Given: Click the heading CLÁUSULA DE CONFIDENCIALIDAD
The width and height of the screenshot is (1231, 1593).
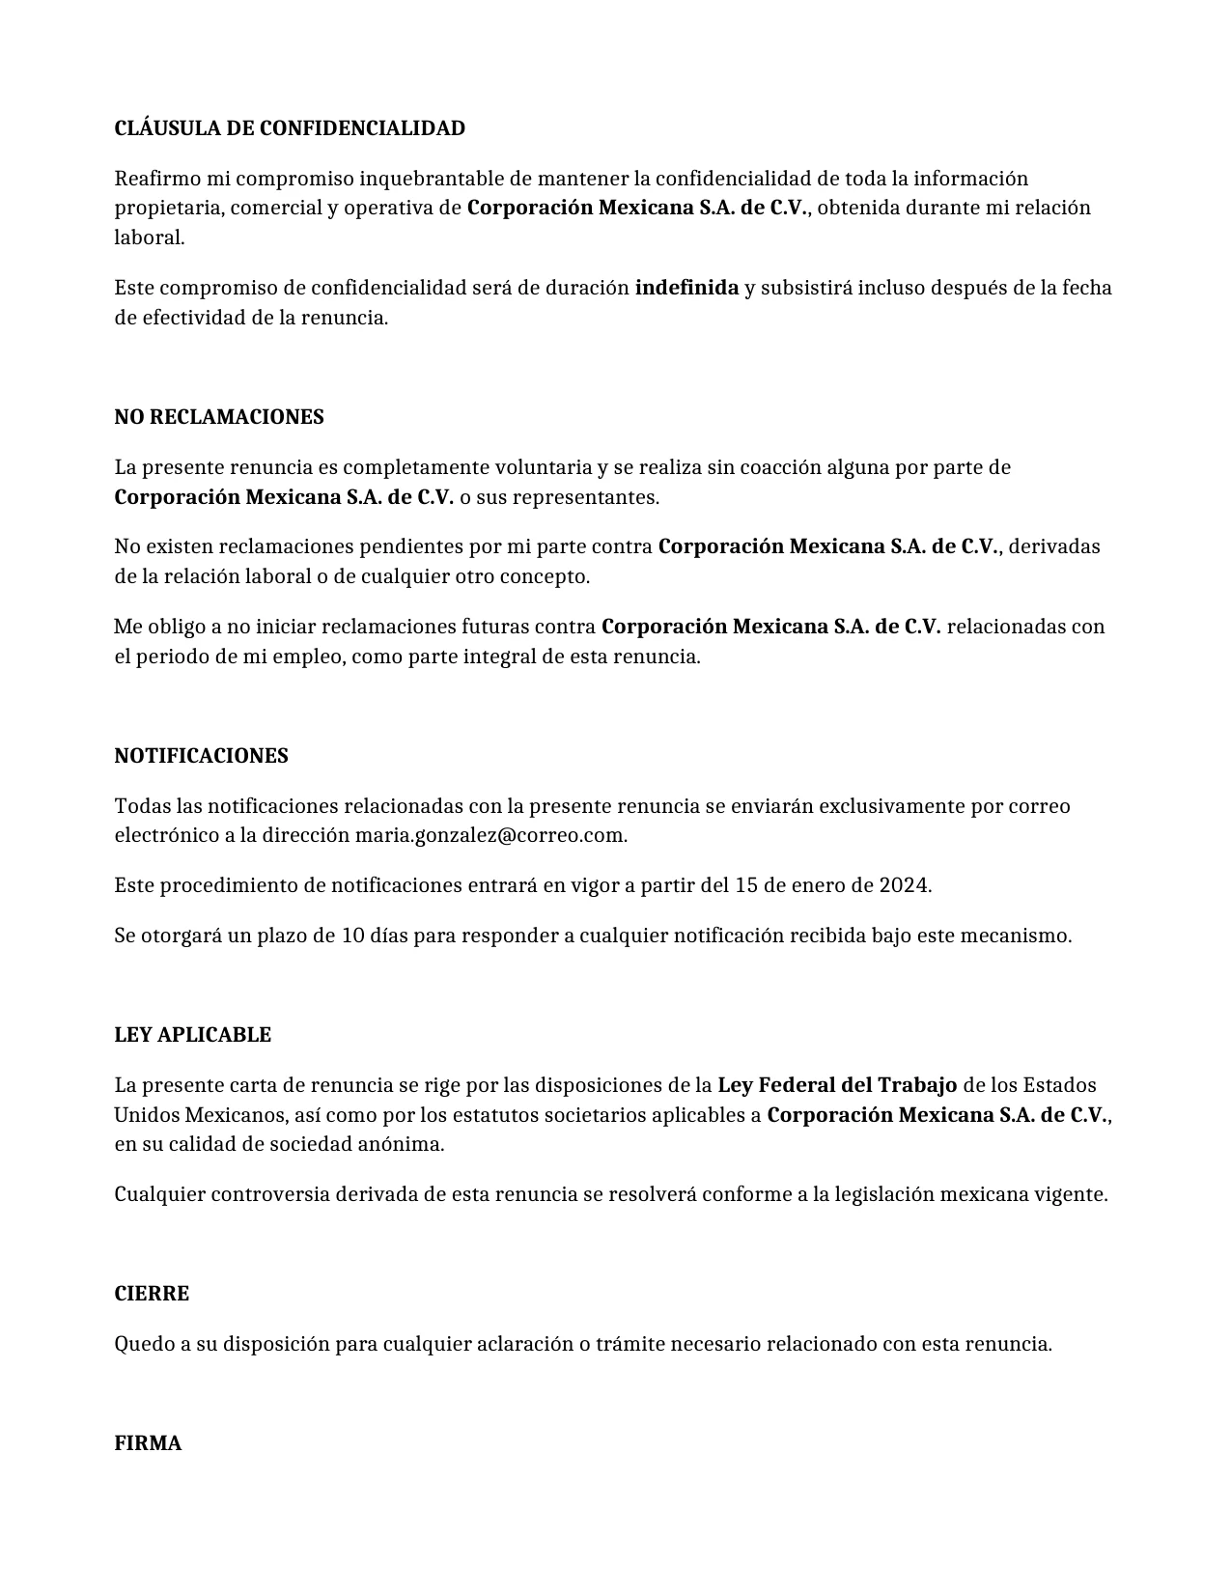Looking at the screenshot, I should click(290, 128).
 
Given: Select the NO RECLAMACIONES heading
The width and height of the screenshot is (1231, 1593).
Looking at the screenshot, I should click(219, 417).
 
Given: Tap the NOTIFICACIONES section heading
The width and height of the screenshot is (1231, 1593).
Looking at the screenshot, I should click(201, 756).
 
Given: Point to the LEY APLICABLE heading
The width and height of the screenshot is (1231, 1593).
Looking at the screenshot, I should click(192, 1035).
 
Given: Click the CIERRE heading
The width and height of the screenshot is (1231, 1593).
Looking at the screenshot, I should click(152, 1294).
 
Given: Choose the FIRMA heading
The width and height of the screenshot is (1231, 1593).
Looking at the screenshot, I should click(148, 1443).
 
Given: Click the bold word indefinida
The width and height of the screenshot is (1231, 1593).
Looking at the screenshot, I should click(686, 288).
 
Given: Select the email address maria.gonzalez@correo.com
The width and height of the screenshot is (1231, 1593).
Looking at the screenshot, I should click(490, 835).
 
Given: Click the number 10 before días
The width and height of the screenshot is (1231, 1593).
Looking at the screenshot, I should click(353, 936).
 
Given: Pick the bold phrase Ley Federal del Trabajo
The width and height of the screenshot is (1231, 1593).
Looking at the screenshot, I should click(837, 1085).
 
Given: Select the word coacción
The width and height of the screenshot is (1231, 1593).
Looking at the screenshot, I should click(776, 467).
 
